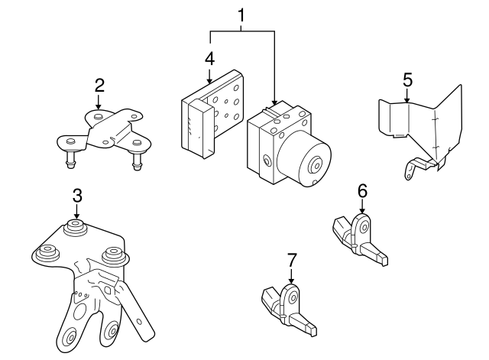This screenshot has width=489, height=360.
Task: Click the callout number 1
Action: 242,15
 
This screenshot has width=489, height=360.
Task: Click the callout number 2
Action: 99,85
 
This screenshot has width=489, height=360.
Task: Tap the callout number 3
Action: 77,195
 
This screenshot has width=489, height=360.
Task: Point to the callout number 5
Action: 407,79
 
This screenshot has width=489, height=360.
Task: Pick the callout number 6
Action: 362,190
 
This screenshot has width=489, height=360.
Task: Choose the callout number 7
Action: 291,260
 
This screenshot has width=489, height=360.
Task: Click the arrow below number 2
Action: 99,102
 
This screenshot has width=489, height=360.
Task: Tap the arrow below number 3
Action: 77,212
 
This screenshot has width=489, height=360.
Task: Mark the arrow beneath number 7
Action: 291,277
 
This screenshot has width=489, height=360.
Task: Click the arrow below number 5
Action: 407,96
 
